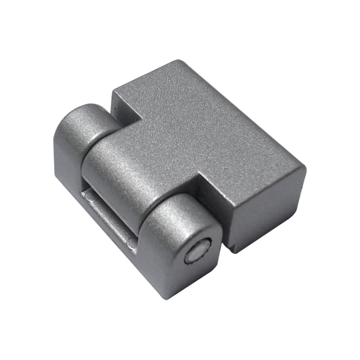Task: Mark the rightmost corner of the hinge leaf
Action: click(305, 170)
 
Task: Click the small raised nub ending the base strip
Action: click(131, 244)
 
